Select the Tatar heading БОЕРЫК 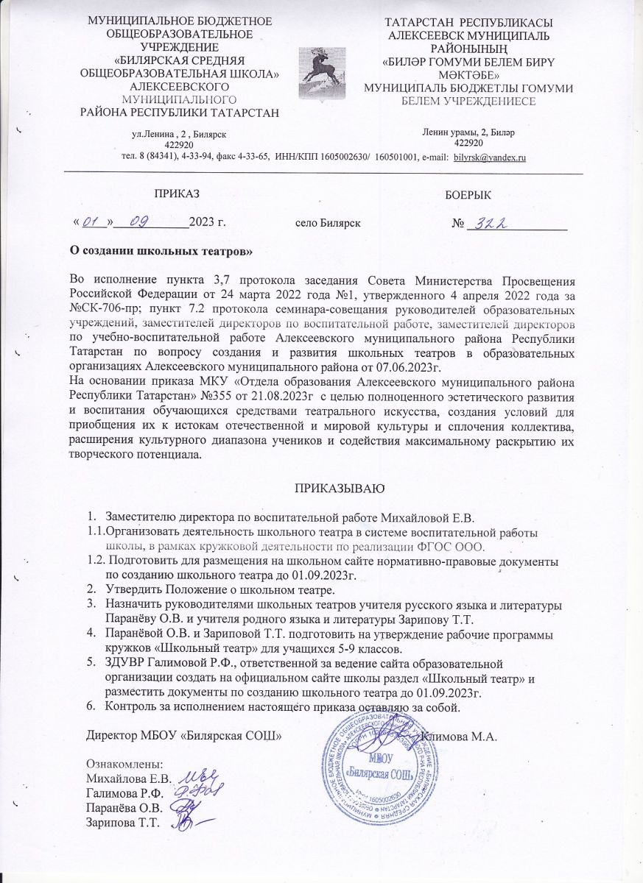click(x=469, y=195)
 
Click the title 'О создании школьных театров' click(x=161, y=252)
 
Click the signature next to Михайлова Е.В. click(x=194, y=776)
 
